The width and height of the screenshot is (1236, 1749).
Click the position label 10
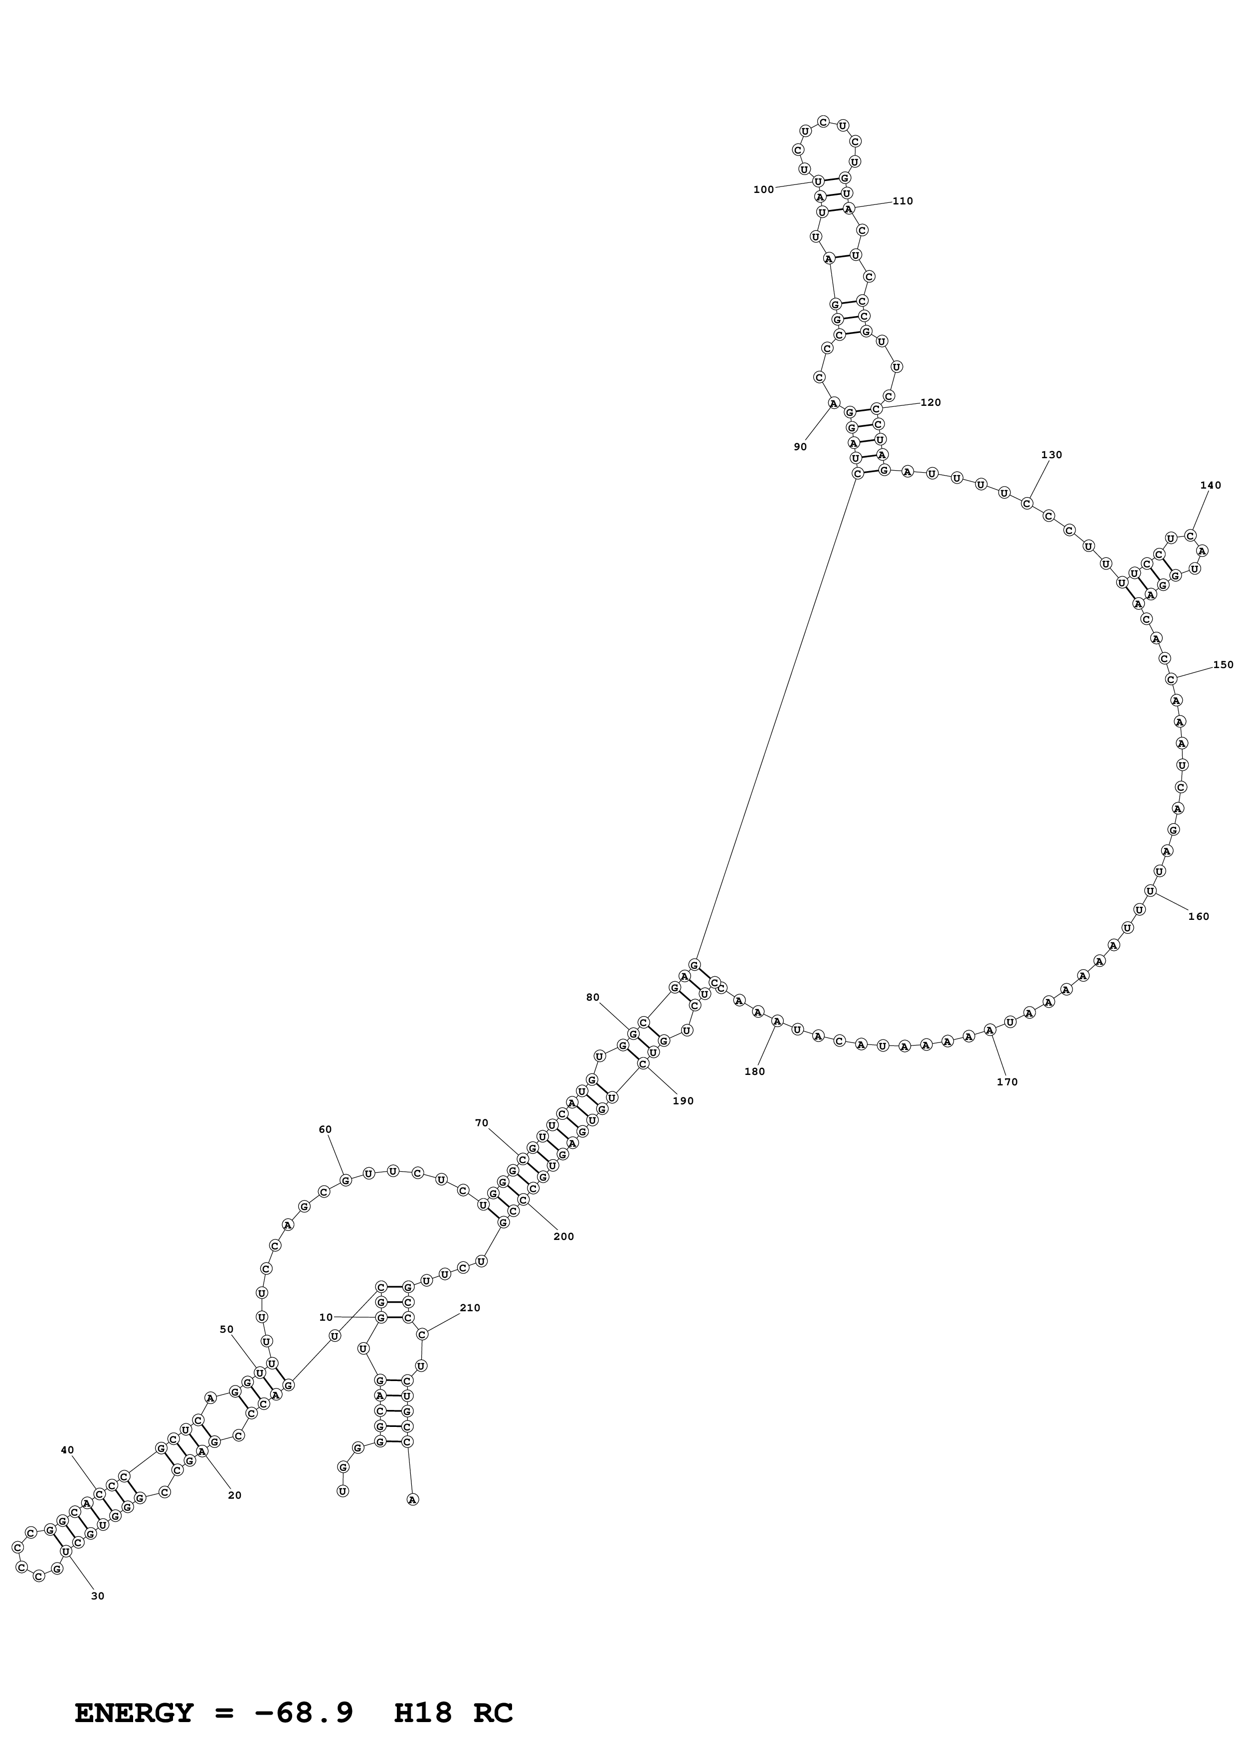click(x=326, y=1317)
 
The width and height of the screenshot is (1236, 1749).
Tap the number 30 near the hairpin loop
click(x=98, y=1596)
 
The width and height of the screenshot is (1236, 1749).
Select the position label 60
click(x=325, y=1130)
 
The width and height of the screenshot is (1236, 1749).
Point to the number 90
click(x=800, y=447)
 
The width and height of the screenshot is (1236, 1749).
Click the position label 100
click(x=763, y=189)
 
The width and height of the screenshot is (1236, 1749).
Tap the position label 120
click(x=931, y=402)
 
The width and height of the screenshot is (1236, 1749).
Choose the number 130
click(x=1052, y=455)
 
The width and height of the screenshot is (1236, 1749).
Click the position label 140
click(x=1210, y=485)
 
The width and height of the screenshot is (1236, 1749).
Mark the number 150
click(x=1223, y=665)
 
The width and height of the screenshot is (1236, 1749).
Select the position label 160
click(x=1199, y=916)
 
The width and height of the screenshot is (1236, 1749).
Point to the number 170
click(x=1007, y=1082)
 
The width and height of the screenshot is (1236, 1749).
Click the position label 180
click(x=755, y=1071)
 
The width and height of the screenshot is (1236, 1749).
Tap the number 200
click(x=563, y=1236)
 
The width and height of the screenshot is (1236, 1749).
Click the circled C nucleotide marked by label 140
click(x=1190, y=535)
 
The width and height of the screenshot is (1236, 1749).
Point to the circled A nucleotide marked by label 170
click(x=989, y=1030)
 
